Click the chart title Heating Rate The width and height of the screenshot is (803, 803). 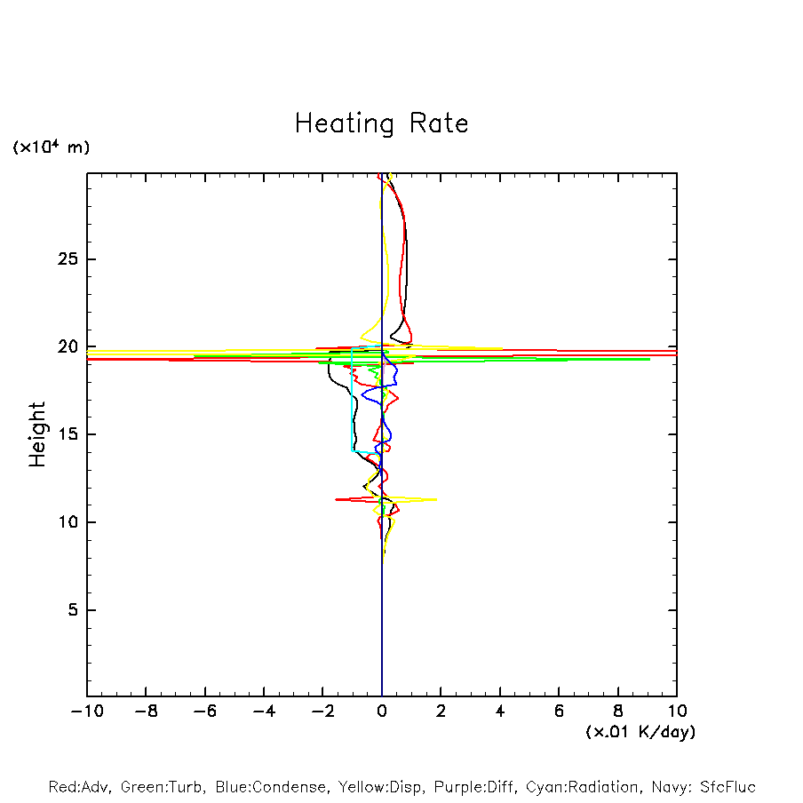click(381, 123)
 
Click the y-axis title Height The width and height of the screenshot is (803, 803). click(37, 434)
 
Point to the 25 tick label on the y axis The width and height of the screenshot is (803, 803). click(67, 259)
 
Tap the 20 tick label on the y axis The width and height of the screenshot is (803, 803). click(67, 347)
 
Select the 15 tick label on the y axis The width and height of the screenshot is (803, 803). click(67, 434)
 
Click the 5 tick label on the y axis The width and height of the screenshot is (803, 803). click(72, 610)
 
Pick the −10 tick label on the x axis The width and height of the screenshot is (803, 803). click(86, 712)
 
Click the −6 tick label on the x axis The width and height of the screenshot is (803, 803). click(204, 712)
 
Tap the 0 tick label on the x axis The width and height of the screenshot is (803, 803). click(382, 712)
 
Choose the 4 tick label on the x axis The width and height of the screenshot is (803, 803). click(500, 712)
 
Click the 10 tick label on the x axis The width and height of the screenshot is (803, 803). click(677, 712)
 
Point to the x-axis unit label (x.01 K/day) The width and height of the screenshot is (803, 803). click(640, 732)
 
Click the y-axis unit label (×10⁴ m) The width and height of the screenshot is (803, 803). click(51, 147)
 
